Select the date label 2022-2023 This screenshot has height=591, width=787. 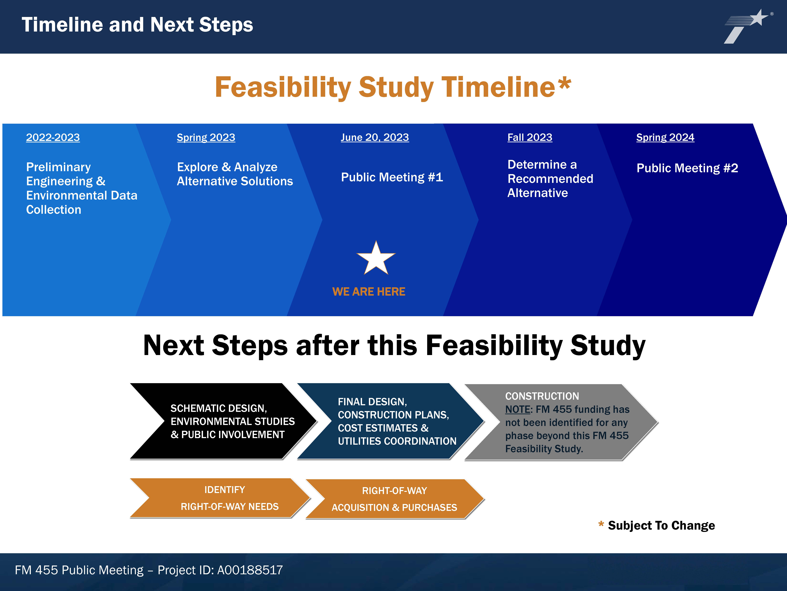53,137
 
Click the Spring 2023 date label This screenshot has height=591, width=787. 206,137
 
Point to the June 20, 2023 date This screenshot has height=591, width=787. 375,137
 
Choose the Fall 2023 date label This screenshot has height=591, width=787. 530,137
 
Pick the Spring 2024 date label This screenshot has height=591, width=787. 665,137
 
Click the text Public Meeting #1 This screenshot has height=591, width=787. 392,177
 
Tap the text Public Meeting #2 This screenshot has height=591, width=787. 687,168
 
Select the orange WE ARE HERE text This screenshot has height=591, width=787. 369,292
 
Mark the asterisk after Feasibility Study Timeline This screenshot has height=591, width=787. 565,84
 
